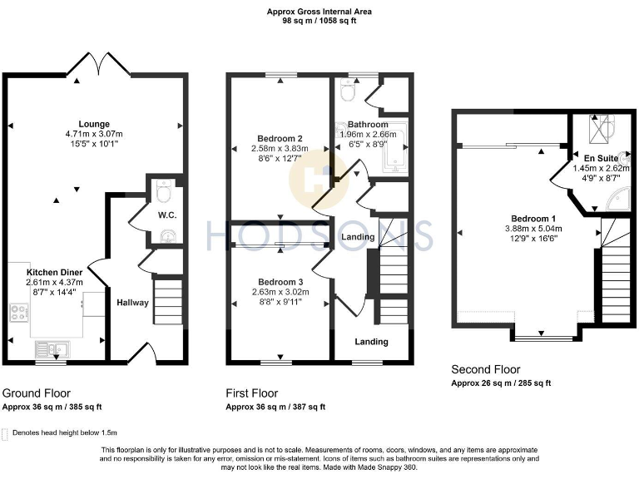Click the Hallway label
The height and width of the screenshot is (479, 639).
(x=132, y=302)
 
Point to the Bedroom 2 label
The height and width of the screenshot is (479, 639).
(x=278, y=138)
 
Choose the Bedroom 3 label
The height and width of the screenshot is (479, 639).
(x=278, y=282)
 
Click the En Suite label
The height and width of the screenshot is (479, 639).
(x=594, y=157)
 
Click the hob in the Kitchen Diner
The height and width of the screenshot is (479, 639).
(x=18, y=314)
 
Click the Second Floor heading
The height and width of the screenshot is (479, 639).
(x=485, y=369)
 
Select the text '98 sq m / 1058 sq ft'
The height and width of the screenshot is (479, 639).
(x=319, y=21)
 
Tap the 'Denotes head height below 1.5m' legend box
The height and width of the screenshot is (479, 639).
(x=6, y=433)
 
